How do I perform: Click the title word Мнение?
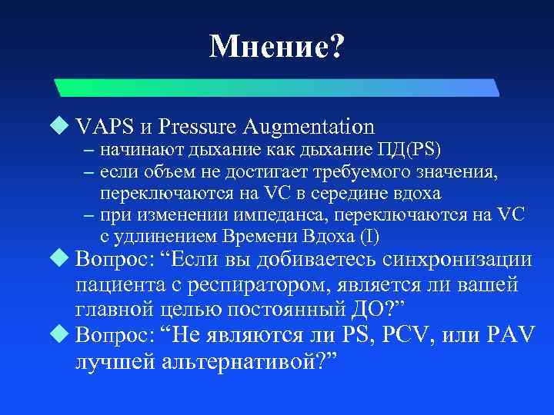point(277,48)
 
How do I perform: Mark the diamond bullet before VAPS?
point(62,125)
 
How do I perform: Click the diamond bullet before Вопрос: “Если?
point(62,261)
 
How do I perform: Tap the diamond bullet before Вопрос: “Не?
point(62,334)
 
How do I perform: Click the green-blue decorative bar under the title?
point(277,86)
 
